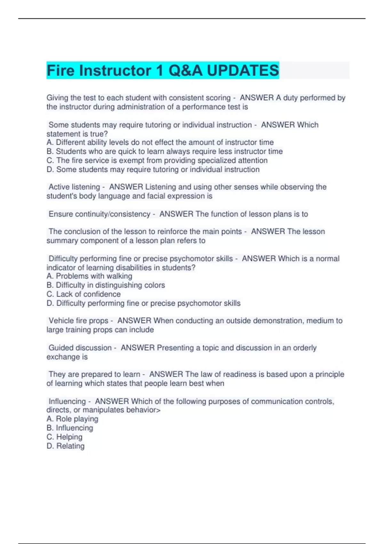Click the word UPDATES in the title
pyautogui.click(x=243, y=71)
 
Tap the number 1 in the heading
pyautogui.click(x=159, y=71)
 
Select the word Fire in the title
pyautogui.click(x=61, y=71)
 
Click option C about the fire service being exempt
pyautogui.click(x=157, y=160)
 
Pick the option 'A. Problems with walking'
pyautogui.click(x=89, y=276)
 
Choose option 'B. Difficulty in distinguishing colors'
pyautogui.click(x=106, y=285)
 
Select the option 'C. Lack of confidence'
pyautogui.click(x=84, y=294)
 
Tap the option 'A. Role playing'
pyautogui.click(x=72, y=419)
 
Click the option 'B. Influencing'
pyautogui.click(x=70, y=428)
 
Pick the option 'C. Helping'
pyautogui.click(x=64, y=437)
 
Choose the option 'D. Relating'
pyautogui.click(x=65, y=446)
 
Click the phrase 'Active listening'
pyautogui.click(x=74, y=187)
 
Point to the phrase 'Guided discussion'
pyautogui.click(x=80, y=348)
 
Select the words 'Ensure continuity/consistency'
pyautogui.click(x=99, y=214)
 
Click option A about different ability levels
pyautogui.click(x=160, y=142)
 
